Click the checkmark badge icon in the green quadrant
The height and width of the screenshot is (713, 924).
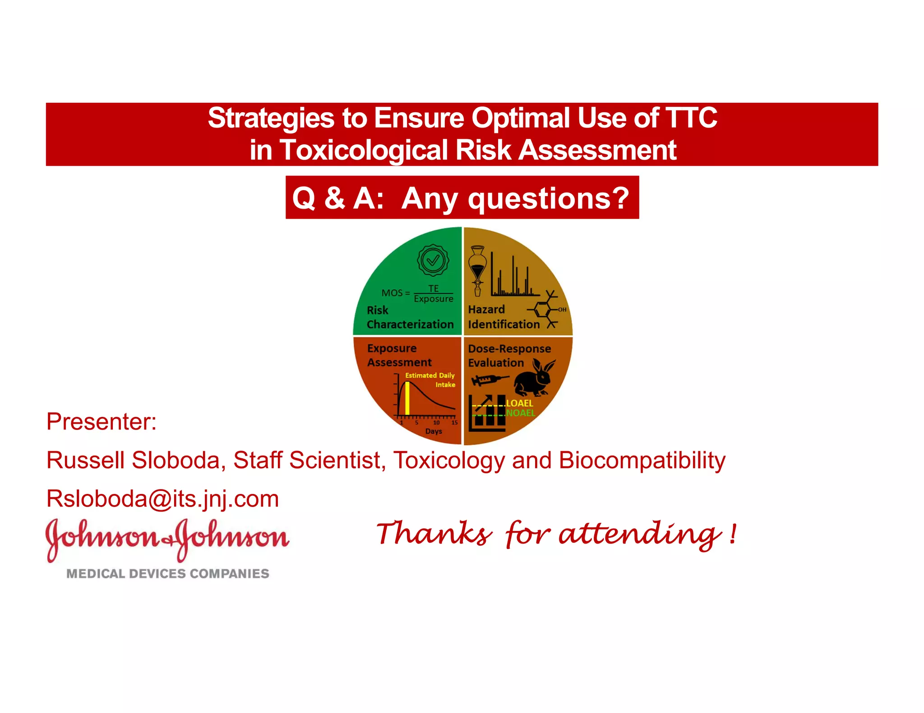coord(433,260)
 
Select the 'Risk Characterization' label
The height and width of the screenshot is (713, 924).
coord(410,317)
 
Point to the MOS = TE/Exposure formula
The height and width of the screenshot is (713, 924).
coord(417,293)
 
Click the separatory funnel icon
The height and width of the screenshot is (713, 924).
coord(477,270)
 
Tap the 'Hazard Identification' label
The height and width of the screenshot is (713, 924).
coord(503,317)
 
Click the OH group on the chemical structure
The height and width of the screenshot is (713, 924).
coord(562,310)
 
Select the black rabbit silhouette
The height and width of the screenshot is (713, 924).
coord(535,378)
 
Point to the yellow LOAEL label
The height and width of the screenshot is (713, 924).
coord(519,403)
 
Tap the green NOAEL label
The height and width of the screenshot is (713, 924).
coord(520,413)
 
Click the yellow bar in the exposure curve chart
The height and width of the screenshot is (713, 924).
coord(407,398)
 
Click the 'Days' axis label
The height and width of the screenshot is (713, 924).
coord(433,431)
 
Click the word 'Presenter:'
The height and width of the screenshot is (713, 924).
coord(102,422)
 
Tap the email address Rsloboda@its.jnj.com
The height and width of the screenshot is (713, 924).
coord(162,499)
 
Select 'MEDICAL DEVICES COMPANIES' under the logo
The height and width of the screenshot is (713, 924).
coord(167,574)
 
